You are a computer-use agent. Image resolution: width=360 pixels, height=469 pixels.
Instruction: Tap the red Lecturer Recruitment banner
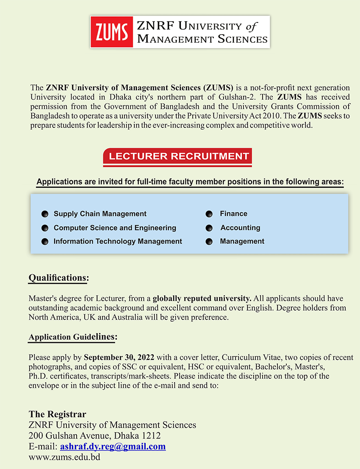pos(178,156)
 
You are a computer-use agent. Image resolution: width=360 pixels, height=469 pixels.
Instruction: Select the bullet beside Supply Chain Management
pos(45,214)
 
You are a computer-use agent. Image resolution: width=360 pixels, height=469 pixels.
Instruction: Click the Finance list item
pos(233,214)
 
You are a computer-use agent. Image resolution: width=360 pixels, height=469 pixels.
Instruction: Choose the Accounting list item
pos(240,228)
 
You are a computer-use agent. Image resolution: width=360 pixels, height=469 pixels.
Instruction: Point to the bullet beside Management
pos(209,242)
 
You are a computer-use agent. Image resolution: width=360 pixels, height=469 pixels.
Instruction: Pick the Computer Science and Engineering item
pos(115,228)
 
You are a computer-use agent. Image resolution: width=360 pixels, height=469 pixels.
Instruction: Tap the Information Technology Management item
pos(118,241)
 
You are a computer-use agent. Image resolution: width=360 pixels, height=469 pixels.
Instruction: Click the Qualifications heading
pos(58,278)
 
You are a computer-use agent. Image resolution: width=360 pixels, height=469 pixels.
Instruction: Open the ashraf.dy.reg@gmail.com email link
pos(113,446)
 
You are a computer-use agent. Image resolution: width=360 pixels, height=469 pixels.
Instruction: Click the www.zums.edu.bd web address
pos(64,457)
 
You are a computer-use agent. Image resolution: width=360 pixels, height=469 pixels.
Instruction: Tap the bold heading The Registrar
pos(57,414)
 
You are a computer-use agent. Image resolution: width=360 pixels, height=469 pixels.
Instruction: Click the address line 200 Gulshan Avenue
pos(94,436)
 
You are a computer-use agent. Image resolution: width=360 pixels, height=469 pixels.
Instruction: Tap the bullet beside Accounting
pos(209,228)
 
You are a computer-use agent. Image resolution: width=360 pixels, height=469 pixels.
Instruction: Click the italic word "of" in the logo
pos(251,26)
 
